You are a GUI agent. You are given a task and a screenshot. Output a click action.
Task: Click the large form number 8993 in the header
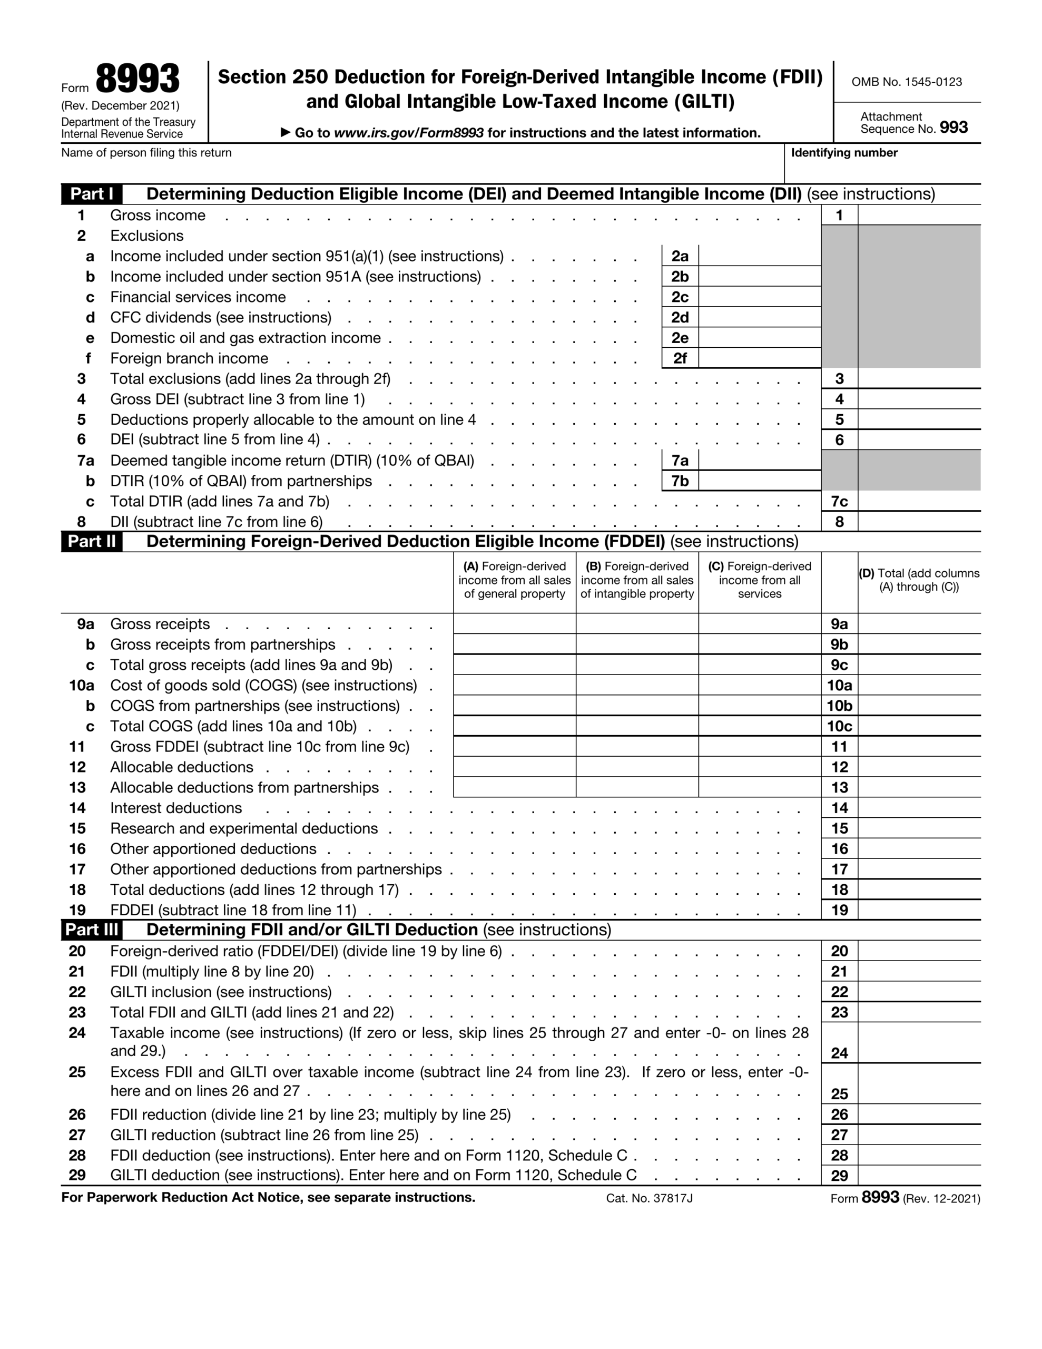point(137,80)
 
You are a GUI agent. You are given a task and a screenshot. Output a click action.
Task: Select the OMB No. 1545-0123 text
point(906,82)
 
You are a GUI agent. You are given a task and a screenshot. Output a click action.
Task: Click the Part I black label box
point(92,194)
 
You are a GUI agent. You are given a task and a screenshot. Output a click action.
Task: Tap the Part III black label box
point(92,930)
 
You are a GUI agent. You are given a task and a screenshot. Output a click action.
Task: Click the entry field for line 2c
point(759,297)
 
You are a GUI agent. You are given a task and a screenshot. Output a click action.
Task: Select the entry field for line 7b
point(759,481)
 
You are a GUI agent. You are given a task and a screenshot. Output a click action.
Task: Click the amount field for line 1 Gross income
point(919,216)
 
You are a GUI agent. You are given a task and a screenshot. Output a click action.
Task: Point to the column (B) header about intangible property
point(637,580)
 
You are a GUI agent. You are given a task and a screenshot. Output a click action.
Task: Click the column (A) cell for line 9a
point(515,624)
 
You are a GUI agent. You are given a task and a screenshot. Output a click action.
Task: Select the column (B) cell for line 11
point(637,747)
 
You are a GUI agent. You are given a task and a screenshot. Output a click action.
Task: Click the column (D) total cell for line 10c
point(919,726)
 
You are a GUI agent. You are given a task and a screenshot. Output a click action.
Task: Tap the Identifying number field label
point(844,153)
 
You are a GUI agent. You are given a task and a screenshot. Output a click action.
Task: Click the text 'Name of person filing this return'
point(146,153)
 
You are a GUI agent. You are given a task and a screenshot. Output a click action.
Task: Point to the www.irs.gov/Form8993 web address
point(408,133)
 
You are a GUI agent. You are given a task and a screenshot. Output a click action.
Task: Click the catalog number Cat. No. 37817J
point(649,1198)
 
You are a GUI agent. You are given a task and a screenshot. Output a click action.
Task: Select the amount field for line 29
point(919,1176)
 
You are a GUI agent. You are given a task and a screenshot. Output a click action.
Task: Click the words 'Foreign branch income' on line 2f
point(189,358)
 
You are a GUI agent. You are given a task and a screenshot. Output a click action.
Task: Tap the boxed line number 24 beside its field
point(839,1053)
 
